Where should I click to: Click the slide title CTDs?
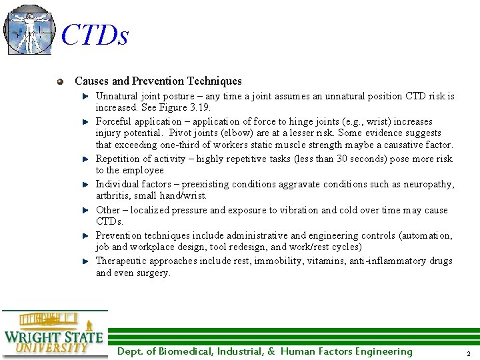coord(94,35)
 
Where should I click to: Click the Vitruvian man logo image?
coord(28,30)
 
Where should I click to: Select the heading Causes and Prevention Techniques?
coord(158,81)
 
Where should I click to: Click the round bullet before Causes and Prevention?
coord(61,81)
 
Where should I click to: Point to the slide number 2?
coord(469,353)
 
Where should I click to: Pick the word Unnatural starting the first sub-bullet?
coord(117,96)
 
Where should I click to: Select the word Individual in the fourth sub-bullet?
coord(118,184)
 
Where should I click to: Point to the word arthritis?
coord(114,196)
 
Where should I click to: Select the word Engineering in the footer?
coord(383,352)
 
